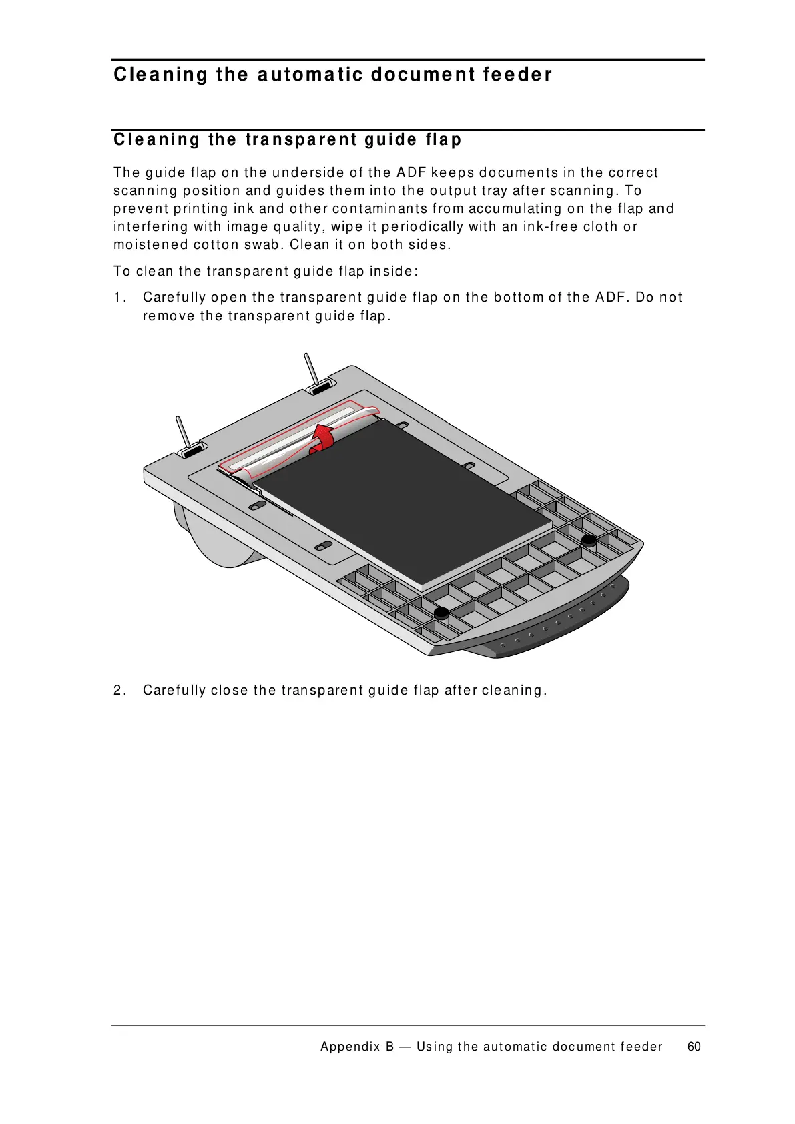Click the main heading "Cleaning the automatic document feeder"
(x=332, y=74)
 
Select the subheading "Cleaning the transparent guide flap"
(x=287, y=139)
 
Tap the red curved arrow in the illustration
(x=324, y=437)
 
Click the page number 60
(x=694, y=1047)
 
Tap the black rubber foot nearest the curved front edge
(x=589, y=540)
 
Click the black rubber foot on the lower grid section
(x=441, y=613)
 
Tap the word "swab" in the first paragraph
(x=262, y=244)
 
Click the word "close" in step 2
(x=230, y=690)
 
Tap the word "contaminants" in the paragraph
(x=376, y=208)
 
